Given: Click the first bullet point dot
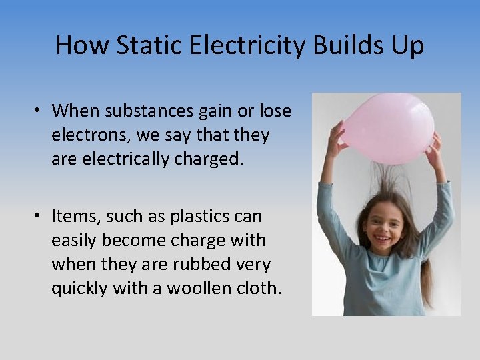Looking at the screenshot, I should pos(40,111).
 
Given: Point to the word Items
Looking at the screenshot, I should pos(75,217).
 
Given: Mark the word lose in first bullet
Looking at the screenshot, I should pos(275,111).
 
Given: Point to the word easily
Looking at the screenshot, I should pos(75,241).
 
